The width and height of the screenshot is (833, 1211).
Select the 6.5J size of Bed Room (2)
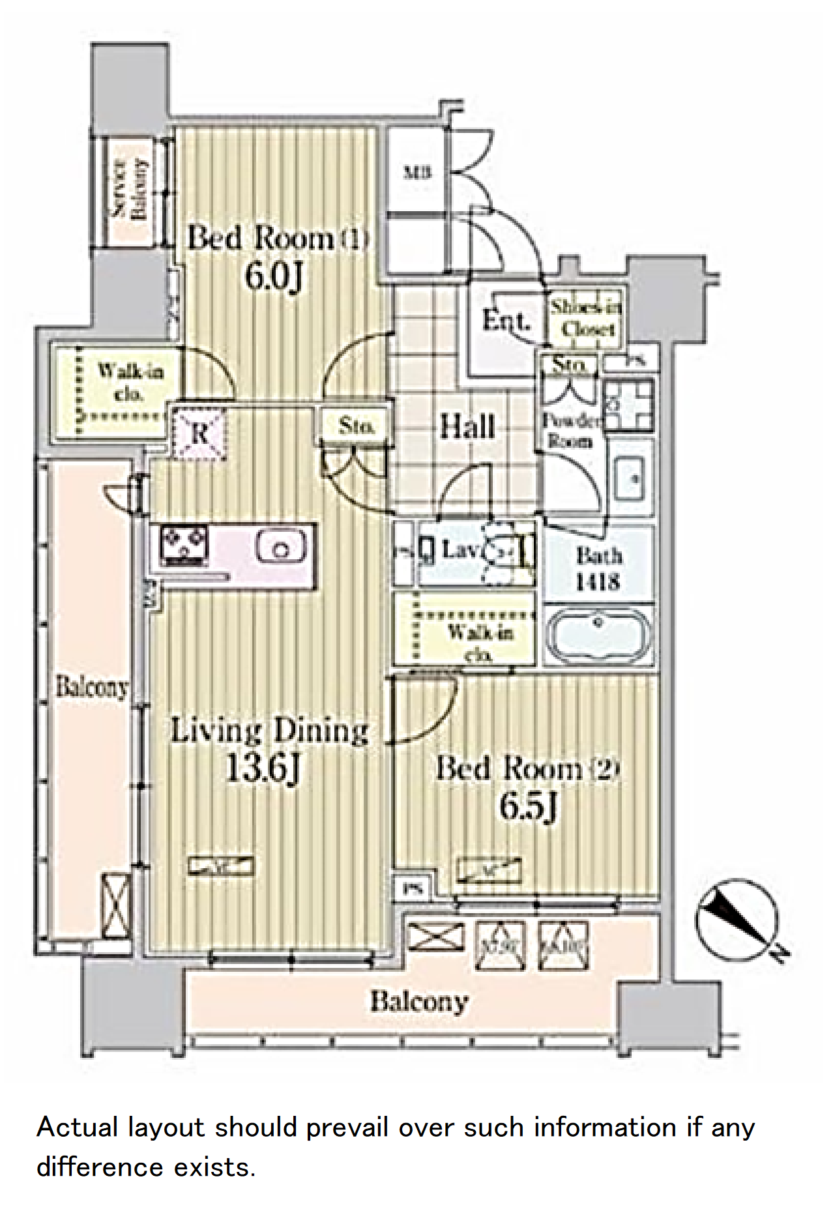coord(528,806)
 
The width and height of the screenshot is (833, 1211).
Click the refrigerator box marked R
coord(199,433)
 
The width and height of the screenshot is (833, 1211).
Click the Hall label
coord(467,427)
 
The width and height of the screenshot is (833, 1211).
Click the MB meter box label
coord(418,173)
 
